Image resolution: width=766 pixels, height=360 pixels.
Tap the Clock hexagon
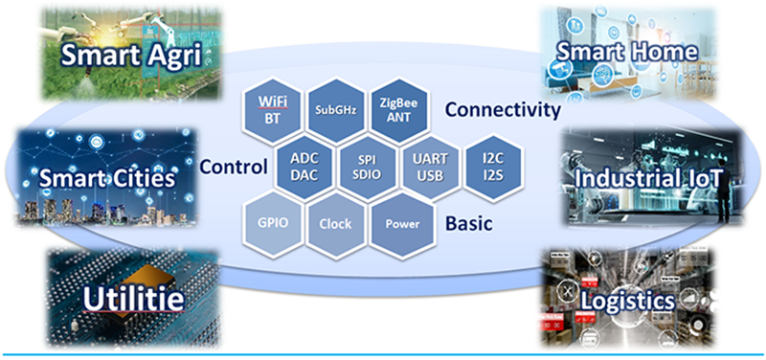pyautogui.click(x=335, y=224)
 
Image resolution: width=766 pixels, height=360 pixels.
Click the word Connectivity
pyautogui.click(x=503, y=110)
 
